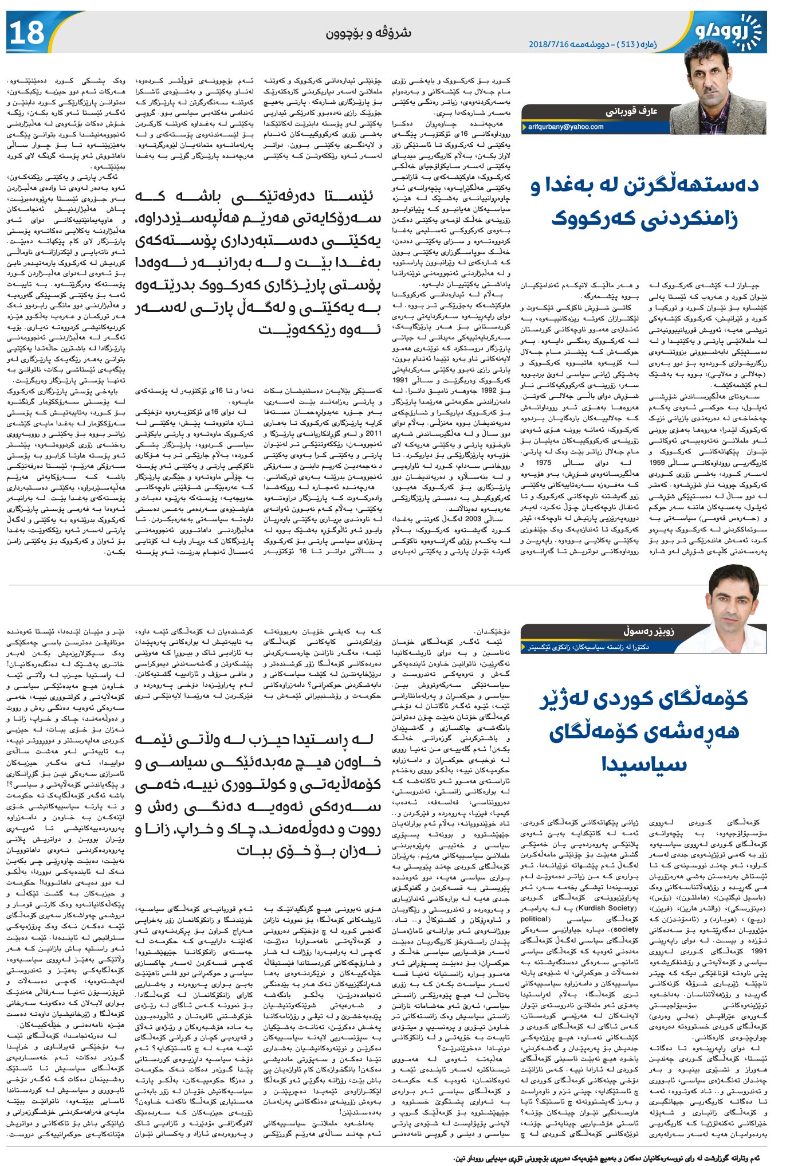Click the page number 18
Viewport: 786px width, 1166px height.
[27, 33]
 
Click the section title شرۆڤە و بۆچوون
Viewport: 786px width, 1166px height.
[368, 33]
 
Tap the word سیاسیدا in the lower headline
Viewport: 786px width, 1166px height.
[644, 764]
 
